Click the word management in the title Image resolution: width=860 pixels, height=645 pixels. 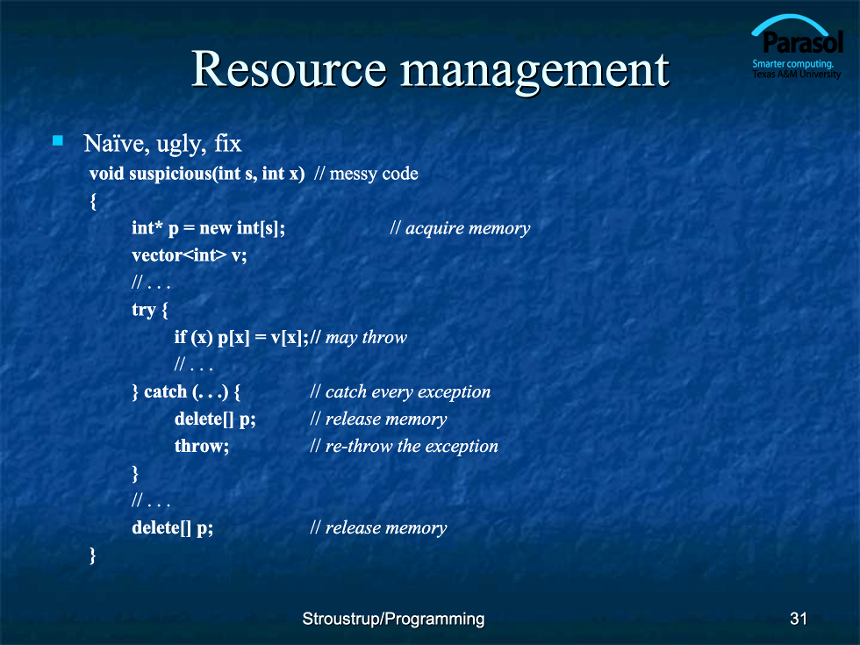click(535, 72)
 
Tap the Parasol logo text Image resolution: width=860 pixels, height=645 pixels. click(802, 42)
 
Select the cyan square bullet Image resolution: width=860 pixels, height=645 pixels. click(58, 141)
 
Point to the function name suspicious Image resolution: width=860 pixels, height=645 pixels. click(172, 174)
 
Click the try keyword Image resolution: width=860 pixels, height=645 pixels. click(144, 310)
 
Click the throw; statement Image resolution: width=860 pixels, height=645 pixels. click(202, 446)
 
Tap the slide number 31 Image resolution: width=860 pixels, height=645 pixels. click(799, 619)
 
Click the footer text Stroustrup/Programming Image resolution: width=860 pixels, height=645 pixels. click(393, 619)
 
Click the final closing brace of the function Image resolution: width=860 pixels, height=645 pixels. click(93, 555)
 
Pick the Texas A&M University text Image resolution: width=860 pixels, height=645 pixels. click(797, 74)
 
